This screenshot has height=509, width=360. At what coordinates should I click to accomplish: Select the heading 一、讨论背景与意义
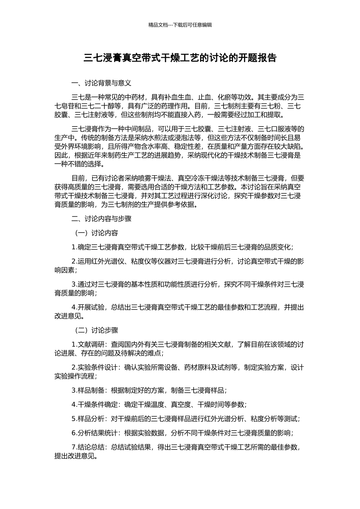point(101,83)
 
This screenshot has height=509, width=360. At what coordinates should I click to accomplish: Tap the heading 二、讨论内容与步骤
point(101,219)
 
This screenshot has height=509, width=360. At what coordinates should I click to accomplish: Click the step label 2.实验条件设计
point(95,367)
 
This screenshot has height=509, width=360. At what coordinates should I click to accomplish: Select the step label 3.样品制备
point(88,390)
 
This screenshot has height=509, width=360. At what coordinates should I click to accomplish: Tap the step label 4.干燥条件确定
point(95,404)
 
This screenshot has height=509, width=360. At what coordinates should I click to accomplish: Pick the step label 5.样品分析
point(88,419)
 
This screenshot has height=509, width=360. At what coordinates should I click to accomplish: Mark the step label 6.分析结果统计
point(95,433)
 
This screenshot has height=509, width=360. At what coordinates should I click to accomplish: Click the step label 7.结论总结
point(88,447)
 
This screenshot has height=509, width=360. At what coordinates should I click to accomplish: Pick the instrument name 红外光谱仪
point(104,261)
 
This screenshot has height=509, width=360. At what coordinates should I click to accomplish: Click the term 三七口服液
point(278,128)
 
